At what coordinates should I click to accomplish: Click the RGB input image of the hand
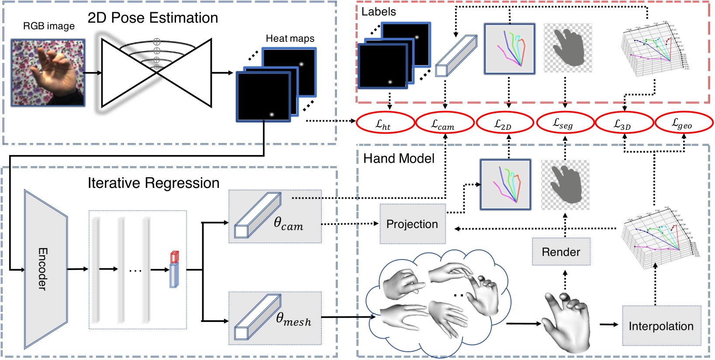tap(48, 73)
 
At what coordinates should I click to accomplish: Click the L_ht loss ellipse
tap(385, 124)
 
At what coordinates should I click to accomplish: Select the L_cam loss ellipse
tap(445, 124)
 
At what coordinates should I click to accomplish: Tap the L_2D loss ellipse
tap(505, 124)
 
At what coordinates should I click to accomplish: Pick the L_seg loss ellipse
tap(565, 124)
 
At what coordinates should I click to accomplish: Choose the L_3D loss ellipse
tap(624, 124)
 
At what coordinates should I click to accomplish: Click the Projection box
tap(412, 224)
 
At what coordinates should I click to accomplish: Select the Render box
tap(561, 252)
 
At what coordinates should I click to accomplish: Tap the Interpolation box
tap(661, 326)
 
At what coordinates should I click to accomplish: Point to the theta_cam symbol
tap(288, 224)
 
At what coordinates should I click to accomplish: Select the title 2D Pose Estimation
tap(152, 18)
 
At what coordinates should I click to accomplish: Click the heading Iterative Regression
tap(153, 183)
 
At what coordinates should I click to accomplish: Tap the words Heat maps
tap(290, 38)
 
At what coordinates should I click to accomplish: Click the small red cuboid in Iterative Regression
tap(174, 256)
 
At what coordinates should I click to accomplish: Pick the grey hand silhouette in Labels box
tap(568, 47)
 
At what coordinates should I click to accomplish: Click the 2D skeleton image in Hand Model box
tap(505, 184)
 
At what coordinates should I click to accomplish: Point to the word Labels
tap(378, 12)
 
